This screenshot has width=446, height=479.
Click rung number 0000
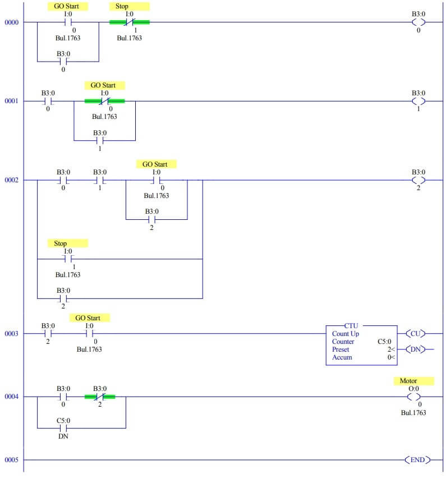coord(11,22)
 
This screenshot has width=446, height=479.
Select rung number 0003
coord(11,334)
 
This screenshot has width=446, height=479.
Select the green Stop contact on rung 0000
coord(129,22)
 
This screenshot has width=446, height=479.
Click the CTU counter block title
coord(352,325)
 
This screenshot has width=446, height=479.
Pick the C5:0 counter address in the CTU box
coord(385,342)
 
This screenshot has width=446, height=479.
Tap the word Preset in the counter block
coord(340,349)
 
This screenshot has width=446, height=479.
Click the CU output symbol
coord(415,334)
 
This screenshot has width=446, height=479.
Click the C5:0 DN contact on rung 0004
coord(63,428)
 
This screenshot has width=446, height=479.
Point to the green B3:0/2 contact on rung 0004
coord(100,397)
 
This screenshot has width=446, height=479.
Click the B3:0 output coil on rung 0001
coord(418,101)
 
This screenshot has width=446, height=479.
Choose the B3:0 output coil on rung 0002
coord(418,180)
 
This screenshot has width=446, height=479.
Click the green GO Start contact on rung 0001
coord(104,101)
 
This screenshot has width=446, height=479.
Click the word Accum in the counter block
coord(342,357)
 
